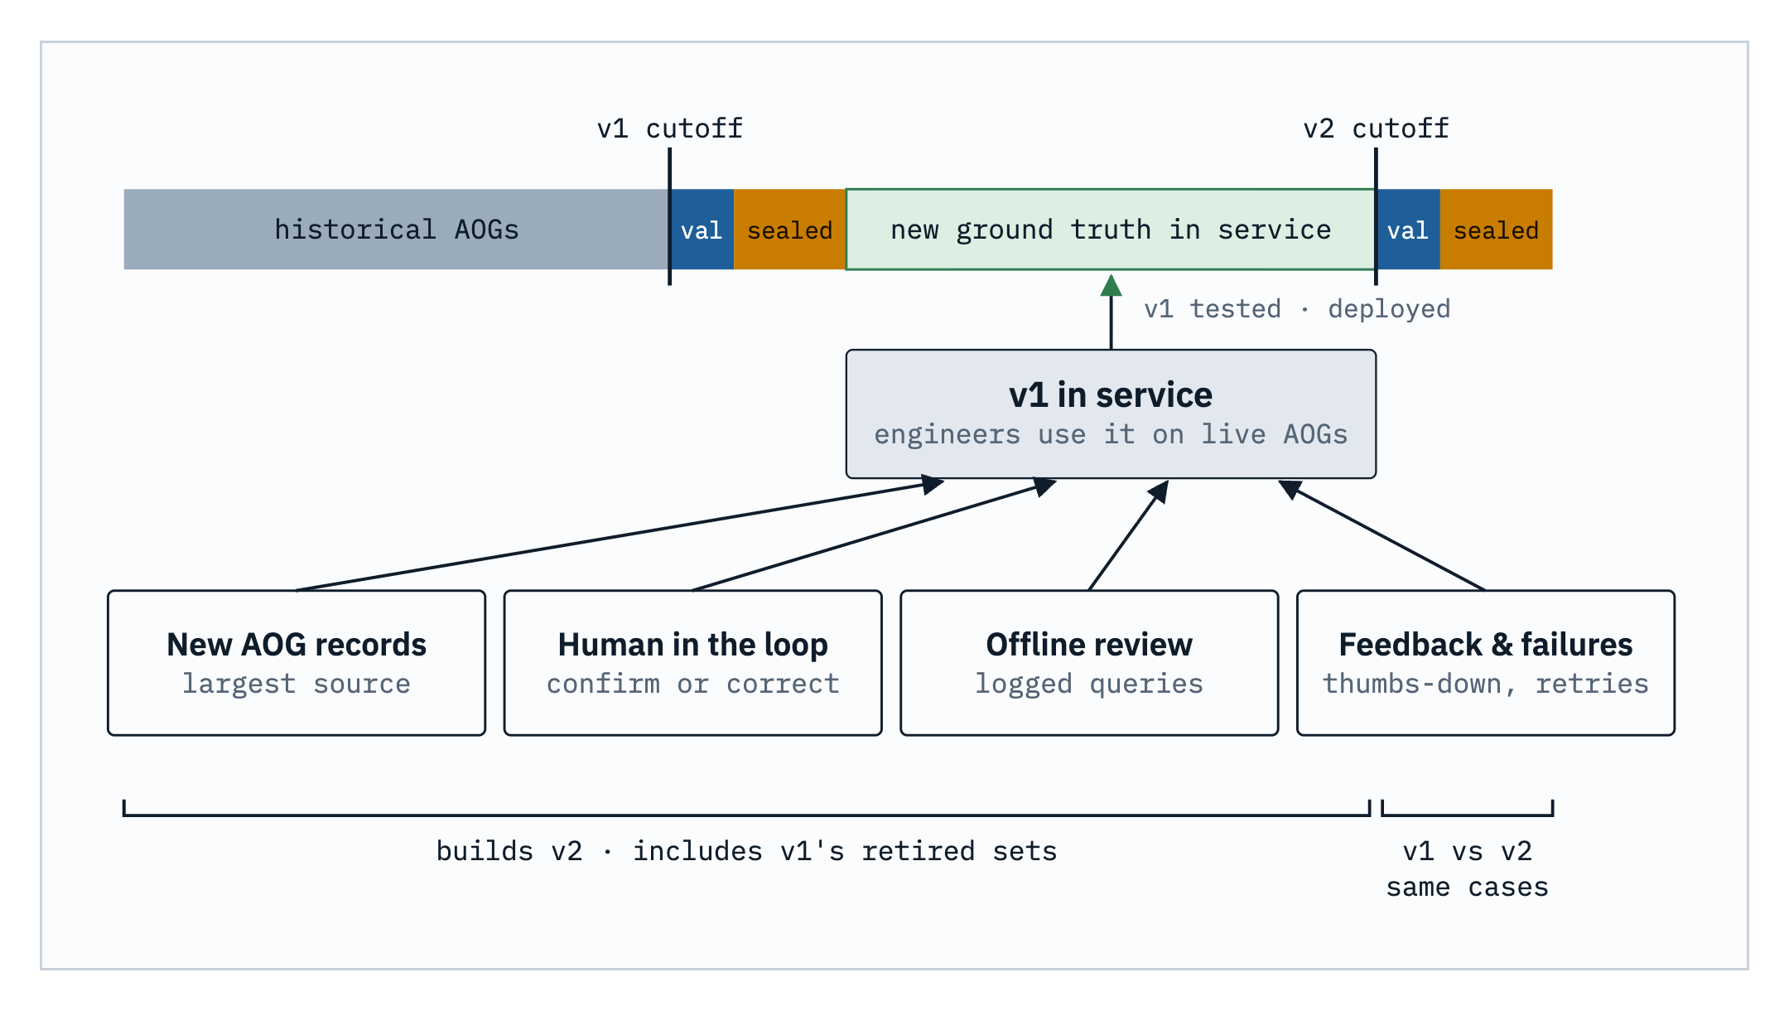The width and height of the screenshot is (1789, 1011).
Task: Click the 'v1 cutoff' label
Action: click(x=669, y=128)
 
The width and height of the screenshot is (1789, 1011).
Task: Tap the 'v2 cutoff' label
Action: click(x=1376, y=128)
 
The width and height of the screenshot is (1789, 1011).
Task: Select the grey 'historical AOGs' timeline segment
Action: click(x=397, y=230)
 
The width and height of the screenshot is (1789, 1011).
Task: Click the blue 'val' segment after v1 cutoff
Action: click(x=702, y=230)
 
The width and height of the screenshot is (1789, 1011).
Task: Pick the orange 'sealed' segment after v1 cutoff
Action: click(x=789, y=230)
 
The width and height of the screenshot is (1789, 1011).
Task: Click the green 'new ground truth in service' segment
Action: click(x=1111, y=230)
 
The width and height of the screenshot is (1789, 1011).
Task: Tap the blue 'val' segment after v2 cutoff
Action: click(x=1408, y=230)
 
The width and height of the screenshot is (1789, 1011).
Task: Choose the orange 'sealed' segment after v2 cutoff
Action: click(x=1496, y=230)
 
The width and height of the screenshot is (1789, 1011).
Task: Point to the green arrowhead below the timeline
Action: click(x=1111, y=286)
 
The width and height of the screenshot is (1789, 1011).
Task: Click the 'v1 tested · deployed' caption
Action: click(x=1297, y=309)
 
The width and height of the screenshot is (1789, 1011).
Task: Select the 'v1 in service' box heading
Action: click(x=1111, y=395)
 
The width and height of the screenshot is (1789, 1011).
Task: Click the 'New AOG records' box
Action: click(x=297, y=663)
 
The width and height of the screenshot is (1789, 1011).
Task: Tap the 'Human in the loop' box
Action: click(x=692, y=663)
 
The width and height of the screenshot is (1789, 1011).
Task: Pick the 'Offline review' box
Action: click(x=1089, y=663)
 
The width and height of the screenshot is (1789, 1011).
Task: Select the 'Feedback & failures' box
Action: click(x=1486, y=663)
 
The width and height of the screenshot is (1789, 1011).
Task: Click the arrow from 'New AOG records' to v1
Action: click(x=620, y=535)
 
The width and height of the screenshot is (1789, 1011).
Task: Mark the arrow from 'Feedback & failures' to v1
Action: click(x=1382, y=535)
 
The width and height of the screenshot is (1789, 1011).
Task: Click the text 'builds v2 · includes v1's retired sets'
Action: click(x=746, y=851)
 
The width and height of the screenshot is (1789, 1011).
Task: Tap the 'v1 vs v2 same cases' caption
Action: click(x=1468, y=869)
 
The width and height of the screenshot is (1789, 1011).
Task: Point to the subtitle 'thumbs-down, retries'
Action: click(x=1486, y=684)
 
